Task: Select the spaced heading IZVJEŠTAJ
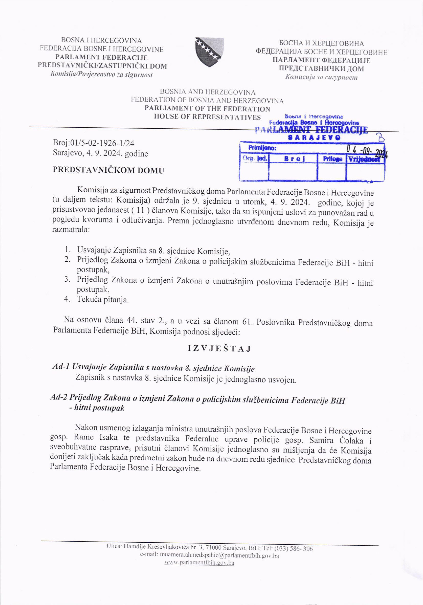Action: click(x=219, y=349)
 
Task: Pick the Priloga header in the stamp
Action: click(x=332, y=159)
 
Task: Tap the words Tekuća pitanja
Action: click(x=103, y=300)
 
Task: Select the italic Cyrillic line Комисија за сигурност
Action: click(x=321, y=77)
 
